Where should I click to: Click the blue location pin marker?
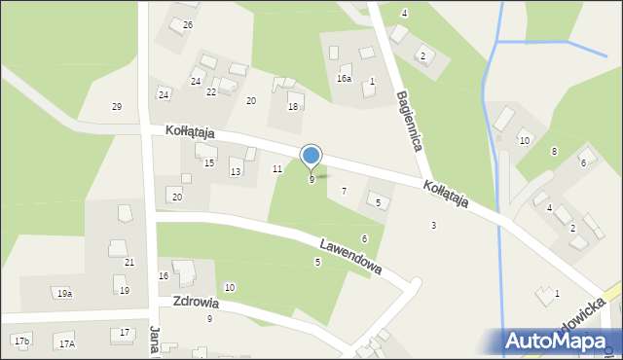311,156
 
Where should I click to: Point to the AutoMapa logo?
563,341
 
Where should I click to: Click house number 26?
188,24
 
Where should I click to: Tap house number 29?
117,106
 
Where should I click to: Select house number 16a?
344,78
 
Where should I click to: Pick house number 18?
293,106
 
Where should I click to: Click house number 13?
236,171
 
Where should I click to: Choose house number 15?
209,162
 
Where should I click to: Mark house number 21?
129,263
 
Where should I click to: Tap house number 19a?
64,293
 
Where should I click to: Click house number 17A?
66,343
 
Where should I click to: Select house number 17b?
21,341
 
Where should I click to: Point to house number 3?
434,226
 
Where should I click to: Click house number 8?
554,151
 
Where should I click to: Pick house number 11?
277,169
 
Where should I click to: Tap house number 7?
344,191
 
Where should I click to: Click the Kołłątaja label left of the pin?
189,131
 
